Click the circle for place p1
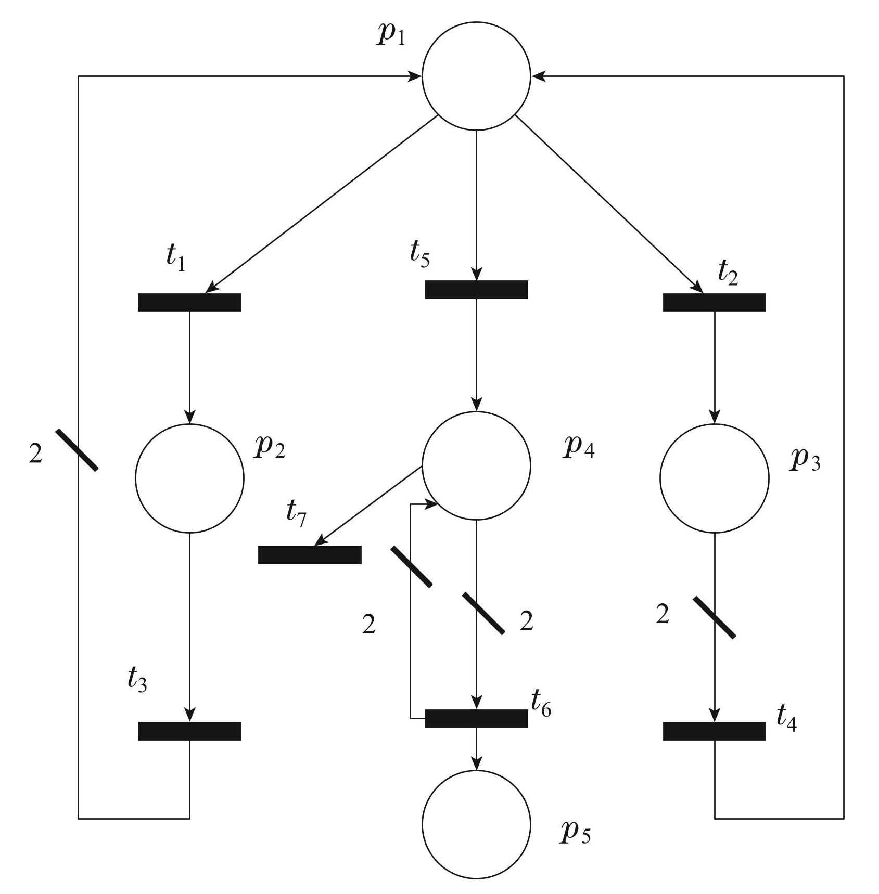(476, 76)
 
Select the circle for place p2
(189, 478)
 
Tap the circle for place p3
(714, 478)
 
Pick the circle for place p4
(476, 465)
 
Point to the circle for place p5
(476, 824)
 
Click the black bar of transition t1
(189, 302)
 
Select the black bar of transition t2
(714, 302)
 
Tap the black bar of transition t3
(189, 731)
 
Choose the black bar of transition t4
(714, 731)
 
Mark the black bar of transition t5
(476, 289)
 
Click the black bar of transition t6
(476, 718)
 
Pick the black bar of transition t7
(310, 554)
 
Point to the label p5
(575, 832)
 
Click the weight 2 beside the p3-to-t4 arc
(662, 615)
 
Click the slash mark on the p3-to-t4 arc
(714, 617)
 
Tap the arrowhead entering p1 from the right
(537, 76)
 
